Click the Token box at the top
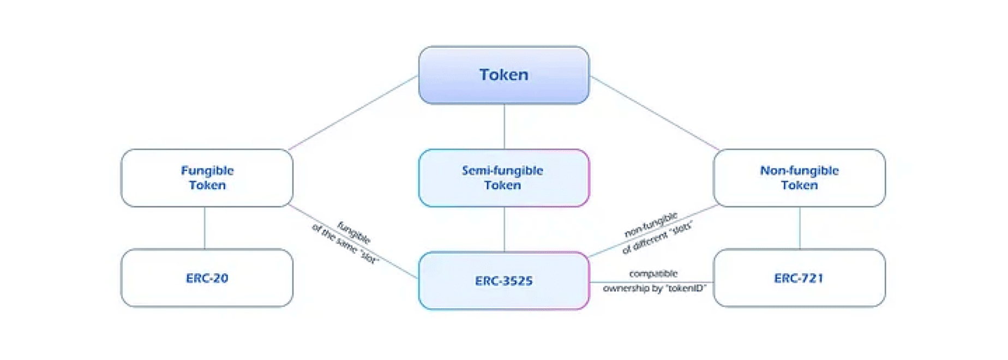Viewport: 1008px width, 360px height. point(503,75)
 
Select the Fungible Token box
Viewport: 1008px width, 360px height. point(207,178)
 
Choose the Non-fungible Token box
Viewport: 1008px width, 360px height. point(799,178)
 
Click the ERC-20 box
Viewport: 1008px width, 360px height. point(207,278)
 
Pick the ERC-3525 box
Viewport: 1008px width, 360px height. point(503,281)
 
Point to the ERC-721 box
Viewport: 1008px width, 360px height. point(799,278)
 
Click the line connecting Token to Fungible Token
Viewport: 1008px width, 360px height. point(353,113)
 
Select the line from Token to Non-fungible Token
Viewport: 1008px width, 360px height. point(655,113)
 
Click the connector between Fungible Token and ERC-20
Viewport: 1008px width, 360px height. point(205,228)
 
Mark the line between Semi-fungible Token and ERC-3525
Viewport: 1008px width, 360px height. point(504,229)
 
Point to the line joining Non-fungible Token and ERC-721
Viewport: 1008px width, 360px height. point(800,228)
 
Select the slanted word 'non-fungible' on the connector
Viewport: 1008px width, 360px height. point(650,224)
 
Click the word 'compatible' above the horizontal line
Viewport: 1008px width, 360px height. point(653,274)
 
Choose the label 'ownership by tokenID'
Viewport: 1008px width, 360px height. point(654,289)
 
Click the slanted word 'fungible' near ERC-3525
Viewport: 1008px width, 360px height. point(354,233)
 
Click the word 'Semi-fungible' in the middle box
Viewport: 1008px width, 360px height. point(502,171)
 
